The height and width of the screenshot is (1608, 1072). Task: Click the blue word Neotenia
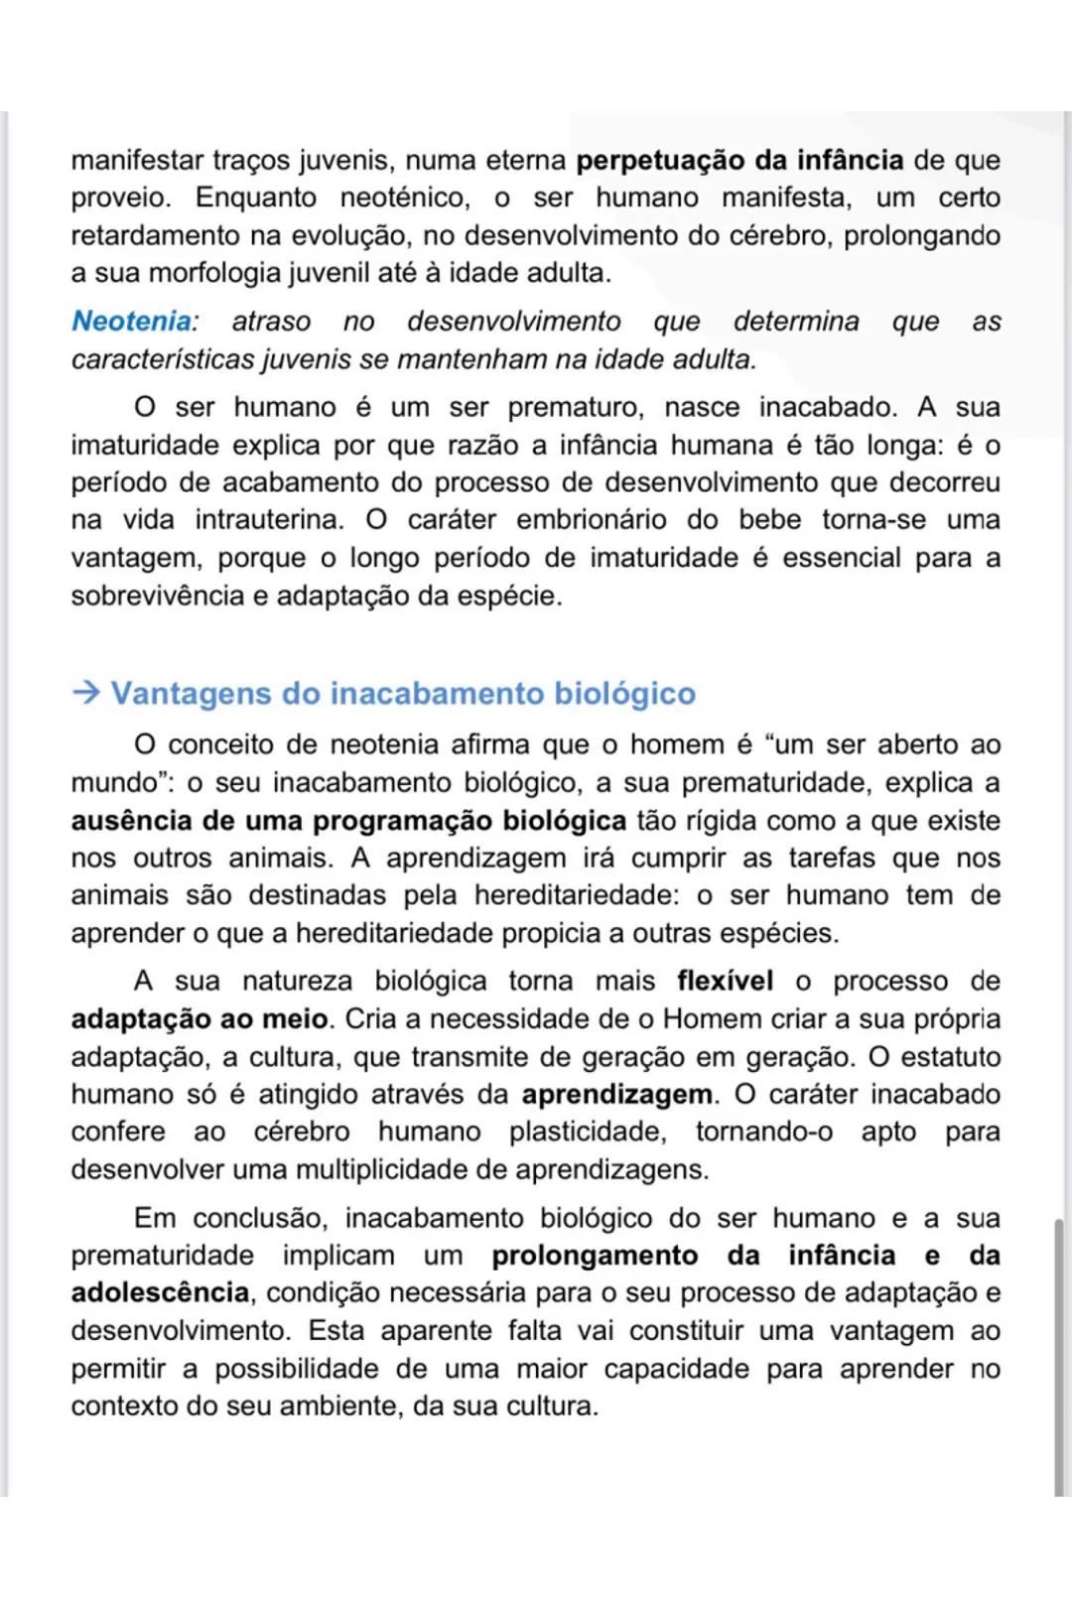pos(132,322)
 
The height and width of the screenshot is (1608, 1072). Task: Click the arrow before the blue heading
pos(86,693)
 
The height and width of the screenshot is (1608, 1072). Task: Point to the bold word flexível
pos(725,981)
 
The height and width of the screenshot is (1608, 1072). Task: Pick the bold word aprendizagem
pos(616,1094)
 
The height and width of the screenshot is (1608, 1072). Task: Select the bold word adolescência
pos(160,1292)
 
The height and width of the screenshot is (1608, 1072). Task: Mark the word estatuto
pos(950,1057)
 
